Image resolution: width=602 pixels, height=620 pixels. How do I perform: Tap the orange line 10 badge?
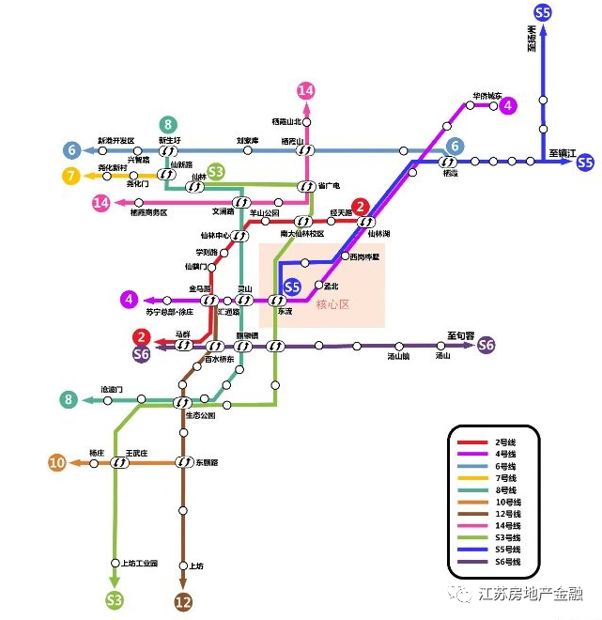point(57,462)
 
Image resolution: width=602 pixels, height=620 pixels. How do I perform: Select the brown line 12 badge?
point(183,602)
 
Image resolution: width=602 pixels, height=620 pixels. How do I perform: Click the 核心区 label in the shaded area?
point(332,304)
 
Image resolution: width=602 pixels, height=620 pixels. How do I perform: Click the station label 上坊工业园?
point(140,564)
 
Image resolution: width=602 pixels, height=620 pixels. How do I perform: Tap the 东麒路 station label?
point(207,462)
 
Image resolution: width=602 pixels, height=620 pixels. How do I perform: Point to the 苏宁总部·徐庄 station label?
point(169,311)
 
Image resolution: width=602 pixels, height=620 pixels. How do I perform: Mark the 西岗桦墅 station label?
point(363,256)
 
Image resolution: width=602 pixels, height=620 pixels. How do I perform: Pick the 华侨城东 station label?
point(487,96)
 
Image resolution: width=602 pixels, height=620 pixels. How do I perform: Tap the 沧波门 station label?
point(112,389)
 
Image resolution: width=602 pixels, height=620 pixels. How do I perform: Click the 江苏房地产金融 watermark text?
point(531,594)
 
